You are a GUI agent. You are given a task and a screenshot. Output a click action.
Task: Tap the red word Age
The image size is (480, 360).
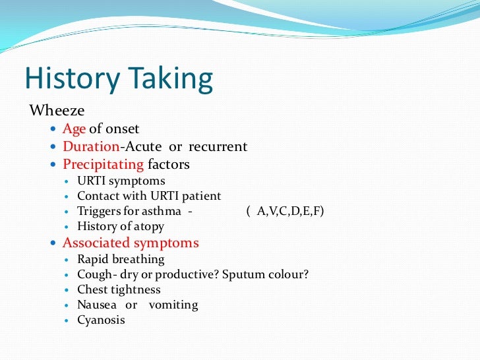[74, 129]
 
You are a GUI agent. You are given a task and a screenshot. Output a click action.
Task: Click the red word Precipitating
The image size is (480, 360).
[103, 164]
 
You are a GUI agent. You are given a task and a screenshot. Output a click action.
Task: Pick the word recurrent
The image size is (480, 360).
[218, 146]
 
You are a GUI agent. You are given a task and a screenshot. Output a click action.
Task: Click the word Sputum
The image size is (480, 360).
[245, 274]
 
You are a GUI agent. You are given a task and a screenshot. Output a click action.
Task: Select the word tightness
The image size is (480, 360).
[134, 289]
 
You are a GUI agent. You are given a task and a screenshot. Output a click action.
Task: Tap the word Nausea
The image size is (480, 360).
[97, 305]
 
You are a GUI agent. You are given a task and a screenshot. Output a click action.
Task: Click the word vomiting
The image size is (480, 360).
[173, 305]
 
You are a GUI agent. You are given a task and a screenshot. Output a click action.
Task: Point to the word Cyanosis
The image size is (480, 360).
[101, 320]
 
